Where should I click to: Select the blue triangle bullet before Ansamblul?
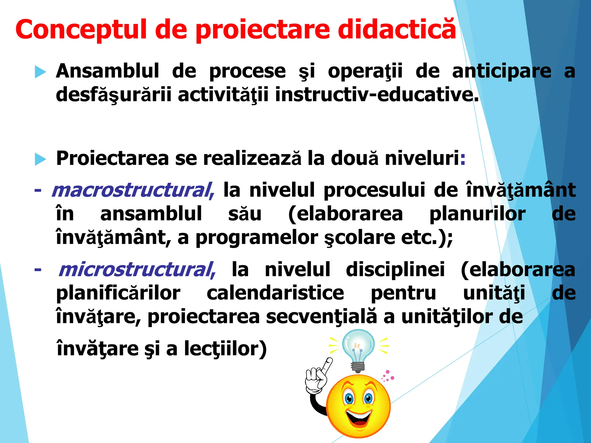coord(40,72)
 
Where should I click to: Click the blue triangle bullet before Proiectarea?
coord(40,159)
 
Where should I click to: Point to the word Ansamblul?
coord(107,71)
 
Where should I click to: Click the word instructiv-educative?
coord(377,95)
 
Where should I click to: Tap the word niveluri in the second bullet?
coord(422,158)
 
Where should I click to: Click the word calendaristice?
coord(275,293)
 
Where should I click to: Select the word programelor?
coord(257,238)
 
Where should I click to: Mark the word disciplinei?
coord(395,270)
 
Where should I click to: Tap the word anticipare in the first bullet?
coord(502,71)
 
